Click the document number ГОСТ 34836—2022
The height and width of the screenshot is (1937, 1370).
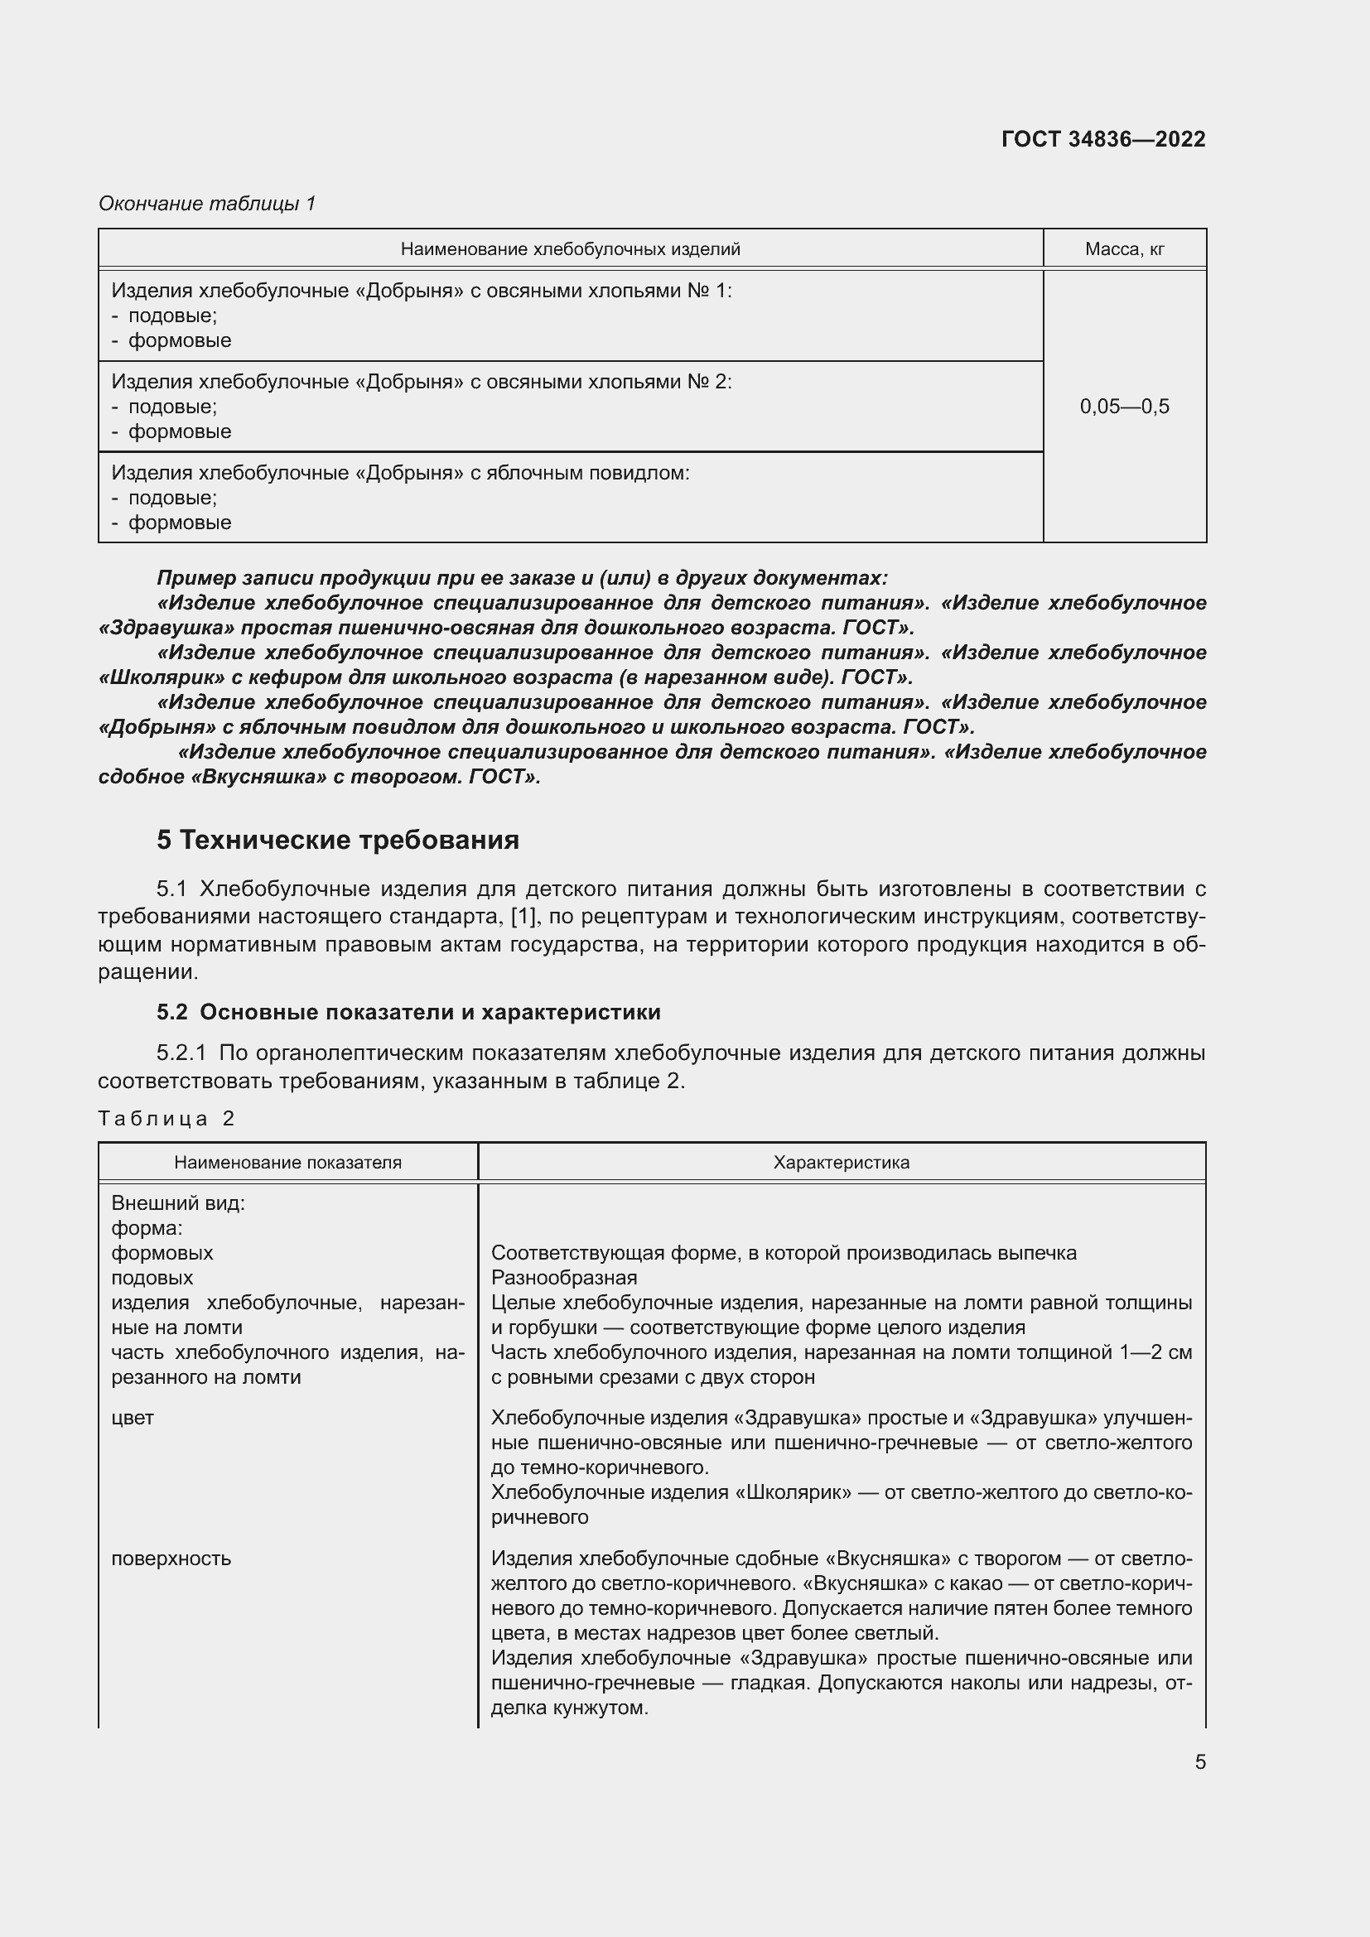(1102, 139)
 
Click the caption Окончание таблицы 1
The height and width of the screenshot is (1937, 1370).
(207, 204)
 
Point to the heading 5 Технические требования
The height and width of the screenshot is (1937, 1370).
(337, 841)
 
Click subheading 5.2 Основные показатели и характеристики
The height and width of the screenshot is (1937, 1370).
(408, 1011)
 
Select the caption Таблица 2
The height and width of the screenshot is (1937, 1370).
(166, 1119)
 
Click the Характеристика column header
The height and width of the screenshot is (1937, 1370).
(841, 1163)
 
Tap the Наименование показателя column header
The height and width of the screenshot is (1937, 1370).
(287, 1163)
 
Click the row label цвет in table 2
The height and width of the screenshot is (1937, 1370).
(133, 1417)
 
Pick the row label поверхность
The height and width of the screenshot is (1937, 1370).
(171, 1559)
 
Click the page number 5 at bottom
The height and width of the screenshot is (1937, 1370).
(1199, 1761)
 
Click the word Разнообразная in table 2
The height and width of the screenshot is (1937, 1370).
(563, 1277)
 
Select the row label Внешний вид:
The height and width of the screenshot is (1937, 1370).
(178, 1203)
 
